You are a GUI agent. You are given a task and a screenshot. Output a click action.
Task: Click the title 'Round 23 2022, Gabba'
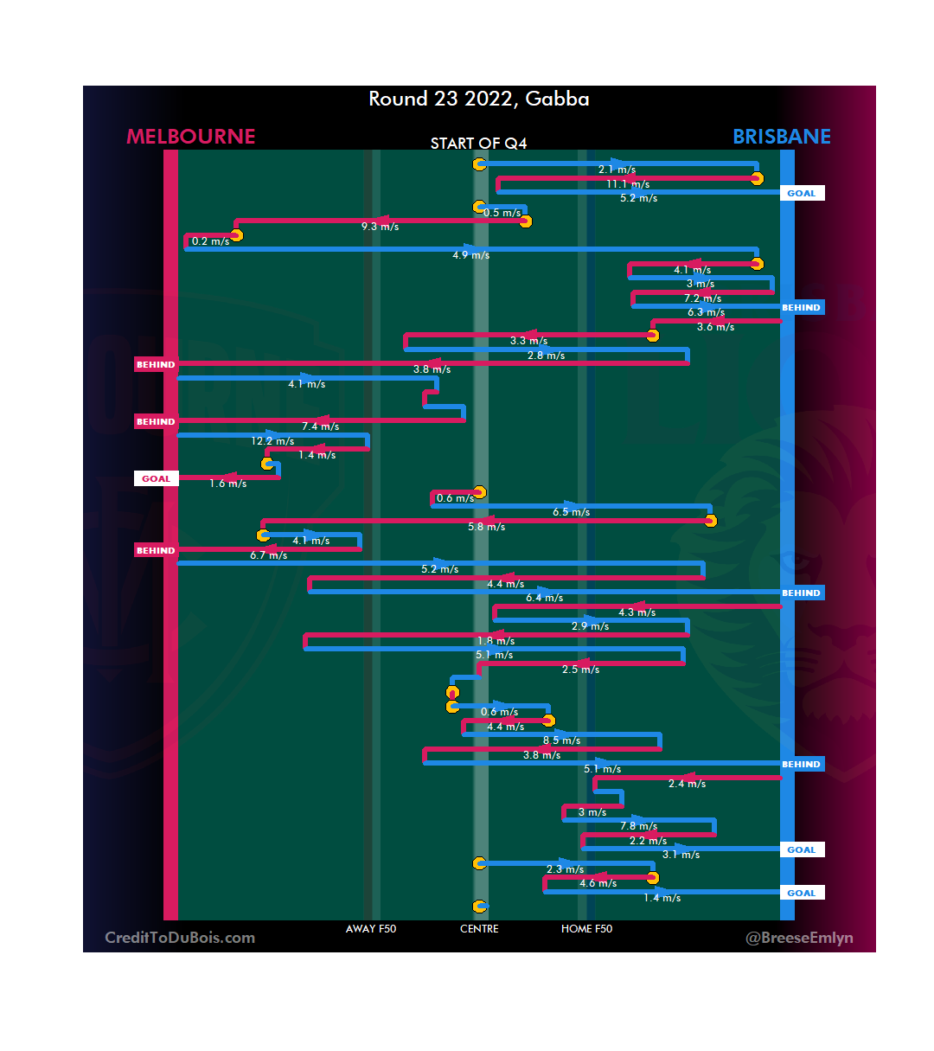click(479, 99)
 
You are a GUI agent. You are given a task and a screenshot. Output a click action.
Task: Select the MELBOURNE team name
click(191, 137)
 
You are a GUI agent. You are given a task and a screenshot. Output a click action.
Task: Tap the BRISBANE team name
click(781, 137)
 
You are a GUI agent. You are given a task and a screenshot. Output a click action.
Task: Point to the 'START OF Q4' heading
click(478, 144)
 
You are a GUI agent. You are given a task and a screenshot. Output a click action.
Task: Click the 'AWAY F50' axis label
click(371, 929)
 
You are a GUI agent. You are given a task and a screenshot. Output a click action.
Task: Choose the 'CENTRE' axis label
click(479, 929)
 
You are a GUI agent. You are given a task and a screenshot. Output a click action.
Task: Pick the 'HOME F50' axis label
click(586, 929)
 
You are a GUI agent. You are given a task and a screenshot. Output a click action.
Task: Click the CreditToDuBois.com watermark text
click(180, 938)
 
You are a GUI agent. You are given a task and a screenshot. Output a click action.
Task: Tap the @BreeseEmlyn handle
click(799, 938)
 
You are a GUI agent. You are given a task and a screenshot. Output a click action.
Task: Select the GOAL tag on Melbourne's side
click(156, 478)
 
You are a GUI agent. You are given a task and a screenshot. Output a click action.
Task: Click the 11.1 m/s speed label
click(628, 184)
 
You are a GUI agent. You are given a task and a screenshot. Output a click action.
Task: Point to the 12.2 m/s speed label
click(272, 441)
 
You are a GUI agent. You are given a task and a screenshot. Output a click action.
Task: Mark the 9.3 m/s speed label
click(380, 227)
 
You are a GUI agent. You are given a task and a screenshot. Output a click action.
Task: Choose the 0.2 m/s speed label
click(210, 241)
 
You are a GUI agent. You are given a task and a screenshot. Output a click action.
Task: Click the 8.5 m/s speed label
click(561, 740)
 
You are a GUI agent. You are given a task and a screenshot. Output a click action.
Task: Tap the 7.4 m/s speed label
click(320, 426)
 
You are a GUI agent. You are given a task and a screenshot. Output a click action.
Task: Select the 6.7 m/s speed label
click(268, 555)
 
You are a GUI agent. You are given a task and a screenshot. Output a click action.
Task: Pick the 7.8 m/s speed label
click(638, 826)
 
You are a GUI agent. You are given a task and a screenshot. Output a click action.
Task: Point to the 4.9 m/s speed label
click(470, 255)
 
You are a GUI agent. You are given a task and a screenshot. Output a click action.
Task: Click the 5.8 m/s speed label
click(486, 527)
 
